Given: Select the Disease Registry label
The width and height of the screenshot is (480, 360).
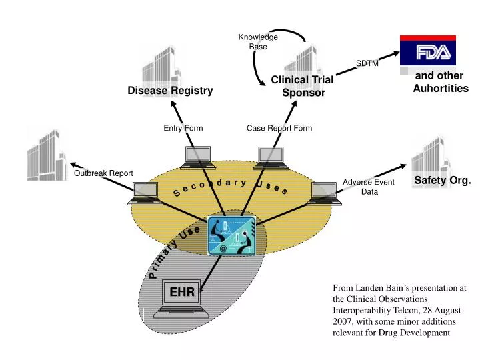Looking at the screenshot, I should tap(171, 91).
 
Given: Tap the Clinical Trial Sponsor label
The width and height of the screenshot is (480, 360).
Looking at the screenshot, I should tap(302, 87).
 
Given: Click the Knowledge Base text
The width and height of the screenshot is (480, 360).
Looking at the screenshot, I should tap(258, 42).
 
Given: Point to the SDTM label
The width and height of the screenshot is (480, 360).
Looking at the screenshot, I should tap(367, 63).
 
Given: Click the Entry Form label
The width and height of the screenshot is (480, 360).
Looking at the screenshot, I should tap(183, 128).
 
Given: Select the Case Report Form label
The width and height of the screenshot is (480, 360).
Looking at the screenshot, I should tap(279, 128).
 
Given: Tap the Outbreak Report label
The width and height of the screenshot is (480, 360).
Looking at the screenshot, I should tap(103, 173).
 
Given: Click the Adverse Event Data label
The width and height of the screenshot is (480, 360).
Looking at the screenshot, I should tap(369, 187).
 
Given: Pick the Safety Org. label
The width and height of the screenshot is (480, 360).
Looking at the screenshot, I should tap(442, 180).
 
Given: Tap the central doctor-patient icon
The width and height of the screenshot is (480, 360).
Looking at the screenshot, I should tap(231, 236).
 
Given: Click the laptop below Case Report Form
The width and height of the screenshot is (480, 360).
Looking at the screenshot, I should tap(272, 157).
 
